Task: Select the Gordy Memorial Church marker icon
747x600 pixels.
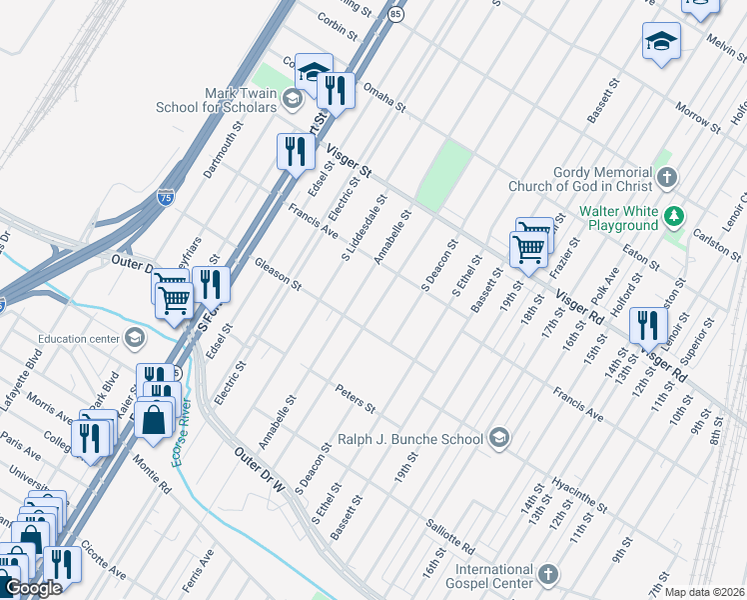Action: [x=667, y=177]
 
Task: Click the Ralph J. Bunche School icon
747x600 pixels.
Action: [x=499, y=438]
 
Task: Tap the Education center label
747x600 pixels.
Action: [x=79, y=338]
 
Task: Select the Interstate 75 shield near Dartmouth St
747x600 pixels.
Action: [x=163, y=198]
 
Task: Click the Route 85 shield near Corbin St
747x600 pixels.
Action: [x=397, y=14]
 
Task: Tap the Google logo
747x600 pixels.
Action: [x=33, y=588]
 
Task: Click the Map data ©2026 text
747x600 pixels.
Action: [x=704, y=592]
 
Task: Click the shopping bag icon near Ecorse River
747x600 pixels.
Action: [x=154, y=420]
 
